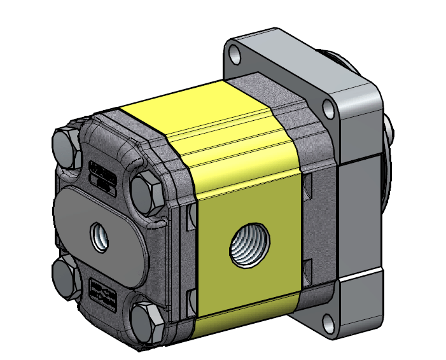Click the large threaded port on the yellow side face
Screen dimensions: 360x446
pyautogui.click(x=249, y=244)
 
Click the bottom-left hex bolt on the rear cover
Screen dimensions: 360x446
pyautogui.click(x=64, y=275)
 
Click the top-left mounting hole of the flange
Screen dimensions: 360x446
pyautogui.click(x=237, y=55)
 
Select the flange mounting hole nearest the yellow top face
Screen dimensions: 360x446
pyautogui.click(x=329, y=109)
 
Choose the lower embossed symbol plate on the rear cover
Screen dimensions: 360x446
pyautogui.click(x=102, y=292)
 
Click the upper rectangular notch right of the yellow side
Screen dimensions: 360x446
pyautogui.click(x=309, y=185)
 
